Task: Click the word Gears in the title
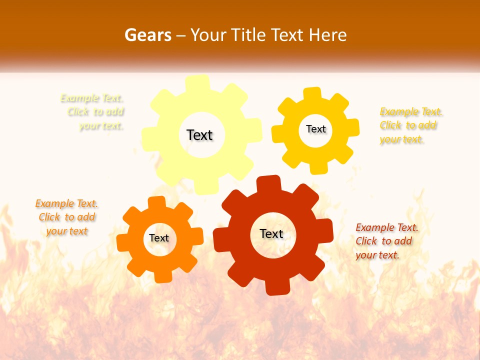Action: coord(147,35)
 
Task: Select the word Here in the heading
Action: coord(327,35)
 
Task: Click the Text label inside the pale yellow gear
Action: coord(199,135)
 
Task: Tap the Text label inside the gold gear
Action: coord(315,129)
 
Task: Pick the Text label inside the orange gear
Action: coord(159,238)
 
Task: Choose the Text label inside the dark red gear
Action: coord(271,233)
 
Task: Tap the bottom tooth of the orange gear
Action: coord(162,276)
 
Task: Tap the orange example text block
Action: coord(66,217)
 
